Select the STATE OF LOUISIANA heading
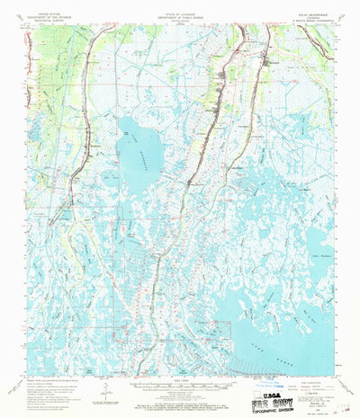coord(179,13)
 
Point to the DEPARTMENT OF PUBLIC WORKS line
coord(179,16)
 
